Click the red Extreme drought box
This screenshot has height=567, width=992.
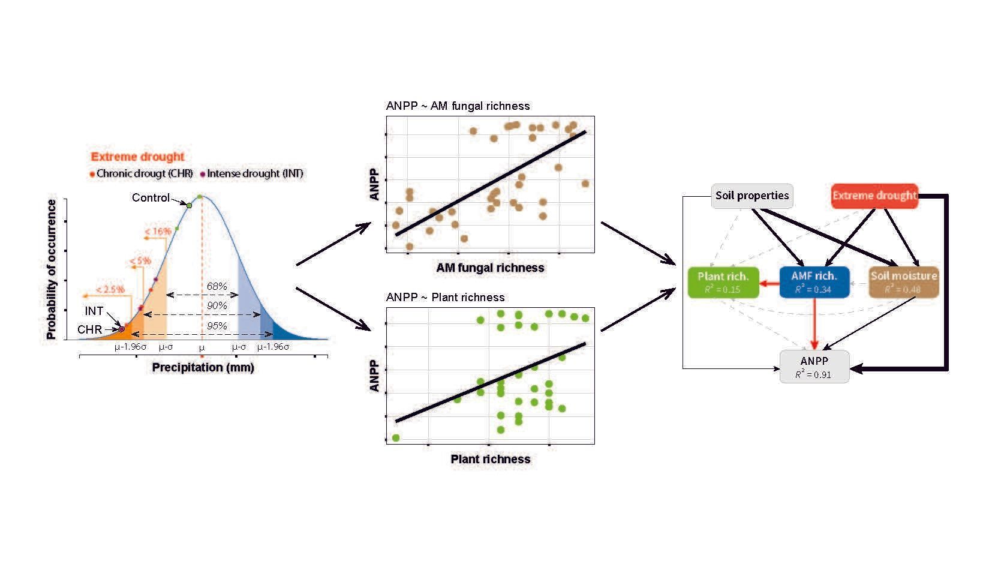874,196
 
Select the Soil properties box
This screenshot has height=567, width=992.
751,196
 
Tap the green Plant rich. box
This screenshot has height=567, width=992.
723,282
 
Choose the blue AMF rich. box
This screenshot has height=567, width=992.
814,282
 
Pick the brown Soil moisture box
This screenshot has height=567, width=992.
903,282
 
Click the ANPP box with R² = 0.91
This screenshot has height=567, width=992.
814,367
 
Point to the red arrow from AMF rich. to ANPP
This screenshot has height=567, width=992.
814,324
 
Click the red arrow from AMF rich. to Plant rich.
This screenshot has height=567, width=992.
769,283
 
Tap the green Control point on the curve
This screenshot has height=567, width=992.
189,205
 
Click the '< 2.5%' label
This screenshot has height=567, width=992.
110,290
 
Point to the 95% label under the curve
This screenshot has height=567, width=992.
217,326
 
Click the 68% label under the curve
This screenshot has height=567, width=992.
217,286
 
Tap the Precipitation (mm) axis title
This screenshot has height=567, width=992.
203,367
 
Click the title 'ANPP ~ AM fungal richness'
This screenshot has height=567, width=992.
458,106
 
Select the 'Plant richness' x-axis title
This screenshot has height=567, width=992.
490,459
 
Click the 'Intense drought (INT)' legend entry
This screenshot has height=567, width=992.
254,174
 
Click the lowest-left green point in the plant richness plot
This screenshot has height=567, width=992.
396,438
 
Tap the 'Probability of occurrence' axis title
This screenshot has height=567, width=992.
52,270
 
